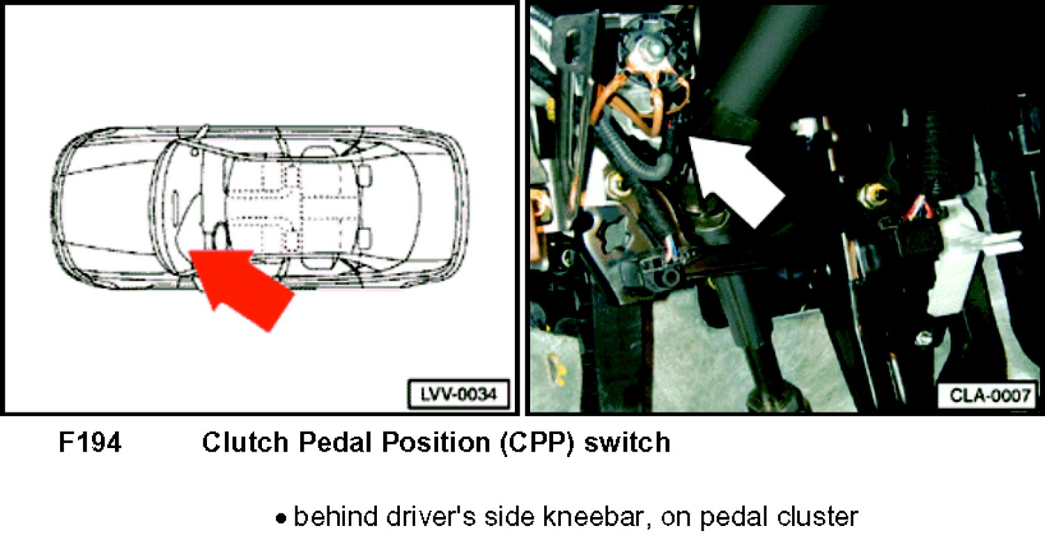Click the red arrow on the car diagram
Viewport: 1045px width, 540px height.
point(242,287)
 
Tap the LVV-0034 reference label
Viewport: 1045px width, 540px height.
point(458,394)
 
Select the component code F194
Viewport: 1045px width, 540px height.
point(90,442)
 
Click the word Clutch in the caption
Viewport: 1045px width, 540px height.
point(245,442)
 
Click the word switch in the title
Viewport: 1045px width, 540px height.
point(628,442)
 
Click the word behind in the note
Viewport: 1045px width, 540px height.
point(335,517)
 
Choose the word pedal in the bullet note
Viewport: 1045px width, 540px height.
point(732,517)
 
